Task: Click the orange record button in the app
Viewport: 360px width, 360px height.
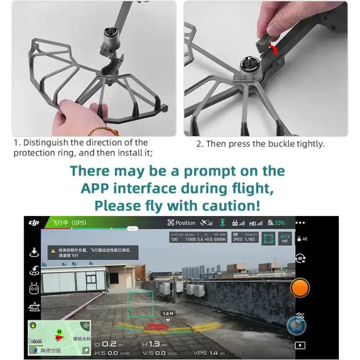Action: click(x=300, y=288)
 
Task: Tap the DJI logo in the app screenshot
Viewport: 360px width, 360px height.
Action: click(x=34, y=223)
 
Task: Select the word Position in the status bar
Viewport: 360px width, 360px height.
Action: click(x=185, y=223)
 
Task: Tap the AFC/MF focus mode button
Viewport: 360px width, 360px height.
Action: click(x=285, y=239)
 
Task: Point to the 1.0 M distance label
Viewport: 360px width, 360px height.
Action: click(x=168, y=313)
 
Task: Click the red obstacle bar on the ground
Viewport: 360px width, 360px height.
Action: click(x=157, y=328)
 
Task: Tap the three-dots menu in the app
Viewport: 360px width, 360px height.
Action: click(x=300, y=223)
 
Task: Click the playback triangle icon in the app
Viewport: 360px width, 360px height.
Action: click(x=300, y=345)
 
